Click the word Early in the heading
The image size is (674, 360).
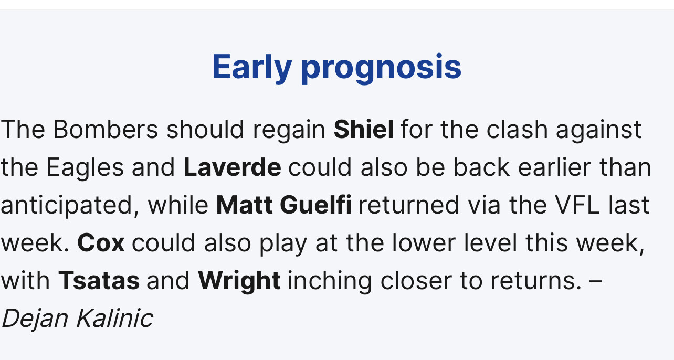(252, 67)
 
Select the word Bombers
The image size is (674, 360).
(106, 129)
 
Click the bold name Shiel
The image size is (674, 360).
(363, 129)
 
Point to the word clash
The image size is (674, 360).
(517, 129)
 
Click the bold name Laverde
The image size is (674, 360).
(233, 167)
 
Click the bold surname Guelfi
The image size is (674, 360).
(315, 205)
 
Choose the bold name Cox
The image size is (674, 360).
(101, 243)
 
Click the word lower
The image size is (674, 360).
(424, 243)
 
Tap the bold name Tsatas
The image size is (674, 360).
(99, 281)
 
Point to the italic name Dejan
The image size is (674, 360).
(35, 319)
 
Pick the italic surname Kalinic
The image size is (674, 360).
(114, 318)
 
